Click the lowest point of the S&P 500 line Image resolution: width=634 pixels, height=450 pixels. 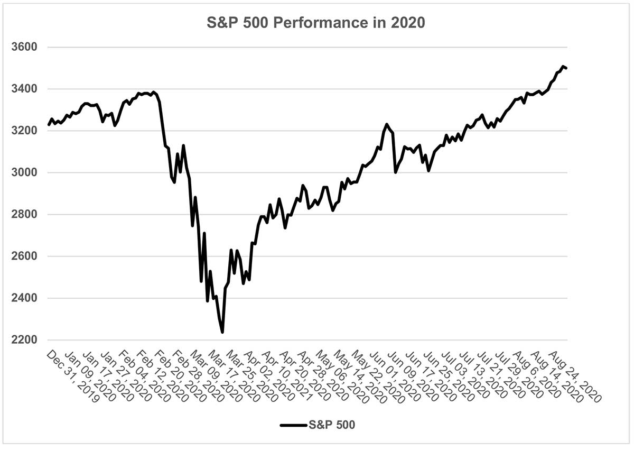point(222,332)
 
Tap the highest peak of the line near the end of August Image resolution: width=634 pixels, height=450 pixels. point(563,66)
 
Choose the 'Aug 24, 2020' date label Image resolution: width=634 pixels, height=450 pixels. point(574,376)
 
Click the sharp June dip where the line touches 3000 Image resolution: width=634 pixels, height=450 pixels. point(396,172)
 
